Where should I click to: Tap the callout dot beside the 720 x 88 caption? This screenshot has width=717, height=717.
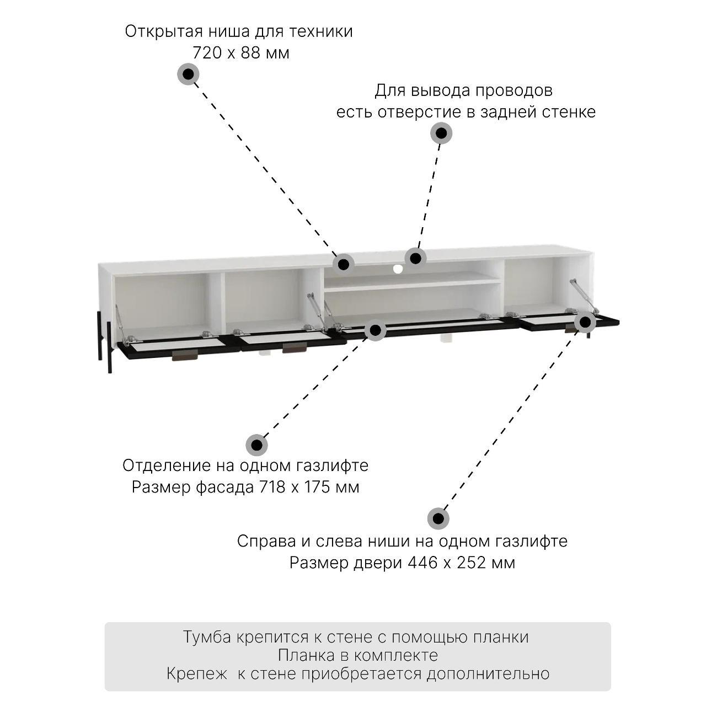[188, 74]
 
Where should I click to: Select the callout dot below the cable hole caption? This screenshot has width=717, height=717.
[441, 133]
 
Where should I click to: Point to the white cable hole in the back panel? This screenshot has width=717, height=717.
[398, 269]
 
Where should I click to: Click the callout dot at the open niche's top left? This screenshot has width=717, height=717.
[344, 264]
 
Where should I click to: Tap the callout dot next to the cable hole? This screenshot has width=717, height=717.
[415, 258]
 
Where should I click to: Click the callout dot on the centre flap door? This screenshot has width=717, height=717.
[376, 330]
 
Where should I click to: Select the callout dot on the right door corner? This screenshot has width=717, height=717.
[585, 322]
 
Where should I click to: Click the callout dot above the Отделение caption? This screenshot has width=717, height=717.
[256, 445]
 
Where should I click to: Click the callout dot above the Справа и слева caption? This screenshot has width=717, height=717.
[438, 518]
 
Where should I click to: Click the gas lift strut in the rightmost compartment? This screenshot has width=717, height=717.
[583, 296]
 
